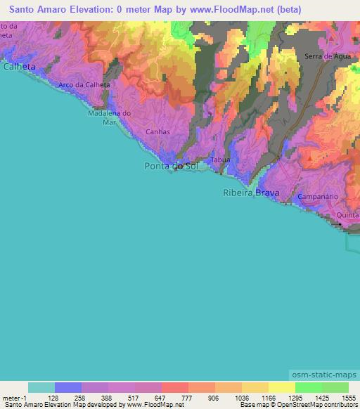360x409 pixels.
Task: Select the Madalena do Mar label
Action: coord(109,117)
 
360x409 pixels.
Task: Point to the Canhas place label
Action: coord(157,131)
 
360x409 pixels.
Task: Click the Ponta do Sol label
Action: coord(172,166)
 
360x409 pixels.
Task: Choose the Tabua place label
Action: coord(221,160)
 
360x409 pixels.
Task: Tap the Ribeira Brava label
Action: coord(251,193)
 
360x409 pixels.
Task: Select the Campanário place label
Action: coord(319,197)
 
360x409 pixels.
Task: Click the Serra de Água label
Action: coord(324,56)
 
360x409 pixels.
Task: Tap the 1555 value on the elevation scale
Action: coord(349,398)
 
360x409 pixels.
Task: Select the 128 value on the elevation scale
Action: coord(55,398)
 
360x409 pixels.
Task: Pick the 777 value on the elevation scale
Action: coord(188,398)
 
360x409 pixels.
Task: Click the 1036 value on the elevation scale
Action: coord(242,398)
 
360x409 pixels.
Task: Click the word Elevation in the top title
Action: coord(90,9)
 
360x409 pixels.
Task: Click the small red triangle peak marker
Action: coord(310,160)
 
